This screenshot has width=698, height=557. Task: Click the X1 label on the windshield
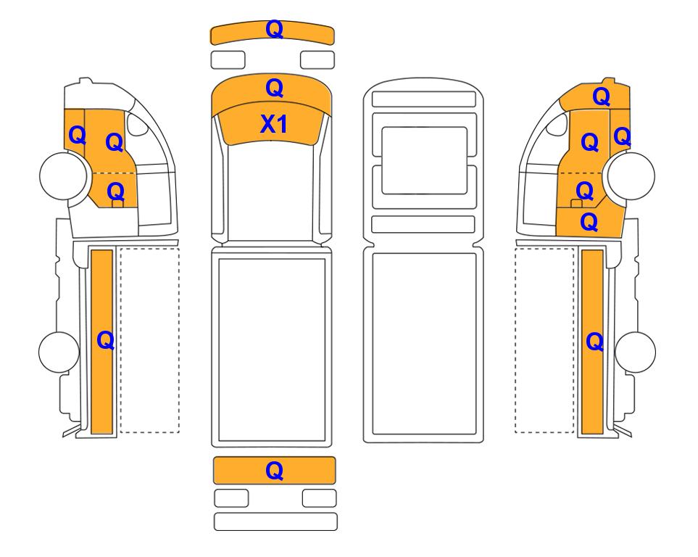tap(274, 124)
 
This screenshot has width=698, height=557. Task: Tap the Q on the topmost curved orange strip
tap(274, 30)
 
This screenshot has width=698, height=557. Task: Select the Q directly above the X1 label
tap(274, 88)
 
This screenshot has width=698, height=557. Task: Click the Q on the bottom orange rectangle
tap(274, 471)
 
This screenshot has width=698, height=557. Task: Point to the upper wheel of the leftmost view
tap(63, 176)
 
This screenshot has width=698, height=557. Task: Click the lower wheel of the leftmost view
tap(59, 352)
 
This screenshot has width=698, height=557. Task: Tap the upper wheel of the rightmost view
tap(631, 176)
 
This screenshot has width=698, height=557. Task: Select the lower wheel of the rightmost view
tap(635, 352)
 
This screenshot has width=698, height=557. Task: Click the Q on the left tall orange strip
tap(106, 341)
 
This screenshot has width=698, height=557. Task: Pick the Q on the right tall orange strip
tap(595, 342)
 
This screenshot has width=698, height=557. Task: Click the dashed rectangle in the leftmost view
tap(150, 340)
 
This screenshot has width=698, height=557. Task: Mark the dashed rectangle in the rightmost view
tap(544, 340)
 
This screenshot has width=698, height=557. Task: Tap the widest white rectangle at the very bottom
tap(275, 521)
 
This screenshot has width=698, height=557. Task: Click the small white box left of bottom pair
tap(231, 498)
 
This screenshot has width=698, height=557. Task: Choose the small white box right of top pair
tap(317, 60)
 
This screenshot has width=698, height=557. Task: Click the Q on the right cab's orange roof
tap(601, 96)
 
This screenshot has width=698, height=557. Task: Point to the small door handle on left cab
tap(117, 204)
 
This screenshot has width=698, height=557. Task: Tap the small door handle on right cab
tap(576, 204)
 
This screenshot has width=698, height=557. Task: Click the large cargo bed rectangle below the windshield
tap(272, 350)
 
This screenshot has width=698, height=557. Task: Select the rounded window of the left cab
tap(137, 124)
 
